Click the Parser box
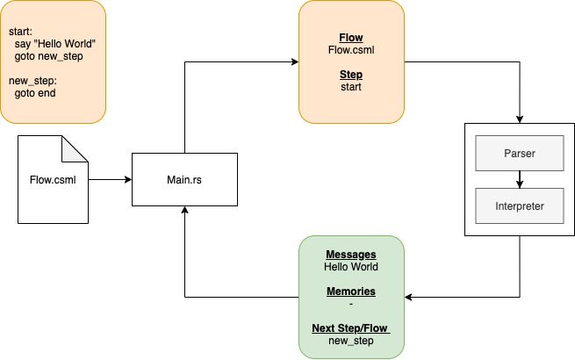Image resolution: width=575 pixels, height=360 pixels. (x=519, y=154)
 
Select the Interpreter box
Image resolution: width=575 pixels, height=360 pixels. (x=519, y=206)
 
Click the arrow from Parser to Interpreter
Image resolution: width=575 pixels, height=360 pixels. (x=520, y=180)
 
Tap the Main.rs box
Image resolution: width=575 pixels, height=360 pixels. (x=184, y=180)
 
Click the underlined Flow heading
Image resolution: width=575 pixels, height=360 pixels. (x=351, y=39)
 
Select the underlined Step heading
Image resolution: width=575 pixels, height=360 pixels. (x=351, y=75)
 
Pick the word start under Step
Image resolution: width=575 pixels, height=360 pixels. (x=351, y=87)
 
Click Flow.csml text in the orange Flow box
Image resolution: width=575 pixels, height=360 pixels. (x=351, y=51)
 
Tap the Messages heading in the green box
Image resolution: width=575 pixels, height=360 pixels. (x=351, y=255)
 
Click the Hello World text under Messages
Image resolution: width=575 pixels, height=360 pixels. (x=351, y=267)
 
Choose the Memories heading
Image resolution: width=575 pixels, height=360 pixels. (x=351, y=292)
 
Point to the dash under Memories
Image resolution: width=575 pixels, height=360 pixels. (x=351, y=304)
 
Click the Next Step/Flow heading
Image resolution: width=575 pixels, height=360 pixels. (x=350, y=328)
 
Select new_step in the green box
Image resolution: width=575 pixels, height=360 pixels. (x=351, y=341)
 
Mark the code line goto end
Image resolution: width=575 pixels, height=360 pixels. (x=35, y=93)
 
